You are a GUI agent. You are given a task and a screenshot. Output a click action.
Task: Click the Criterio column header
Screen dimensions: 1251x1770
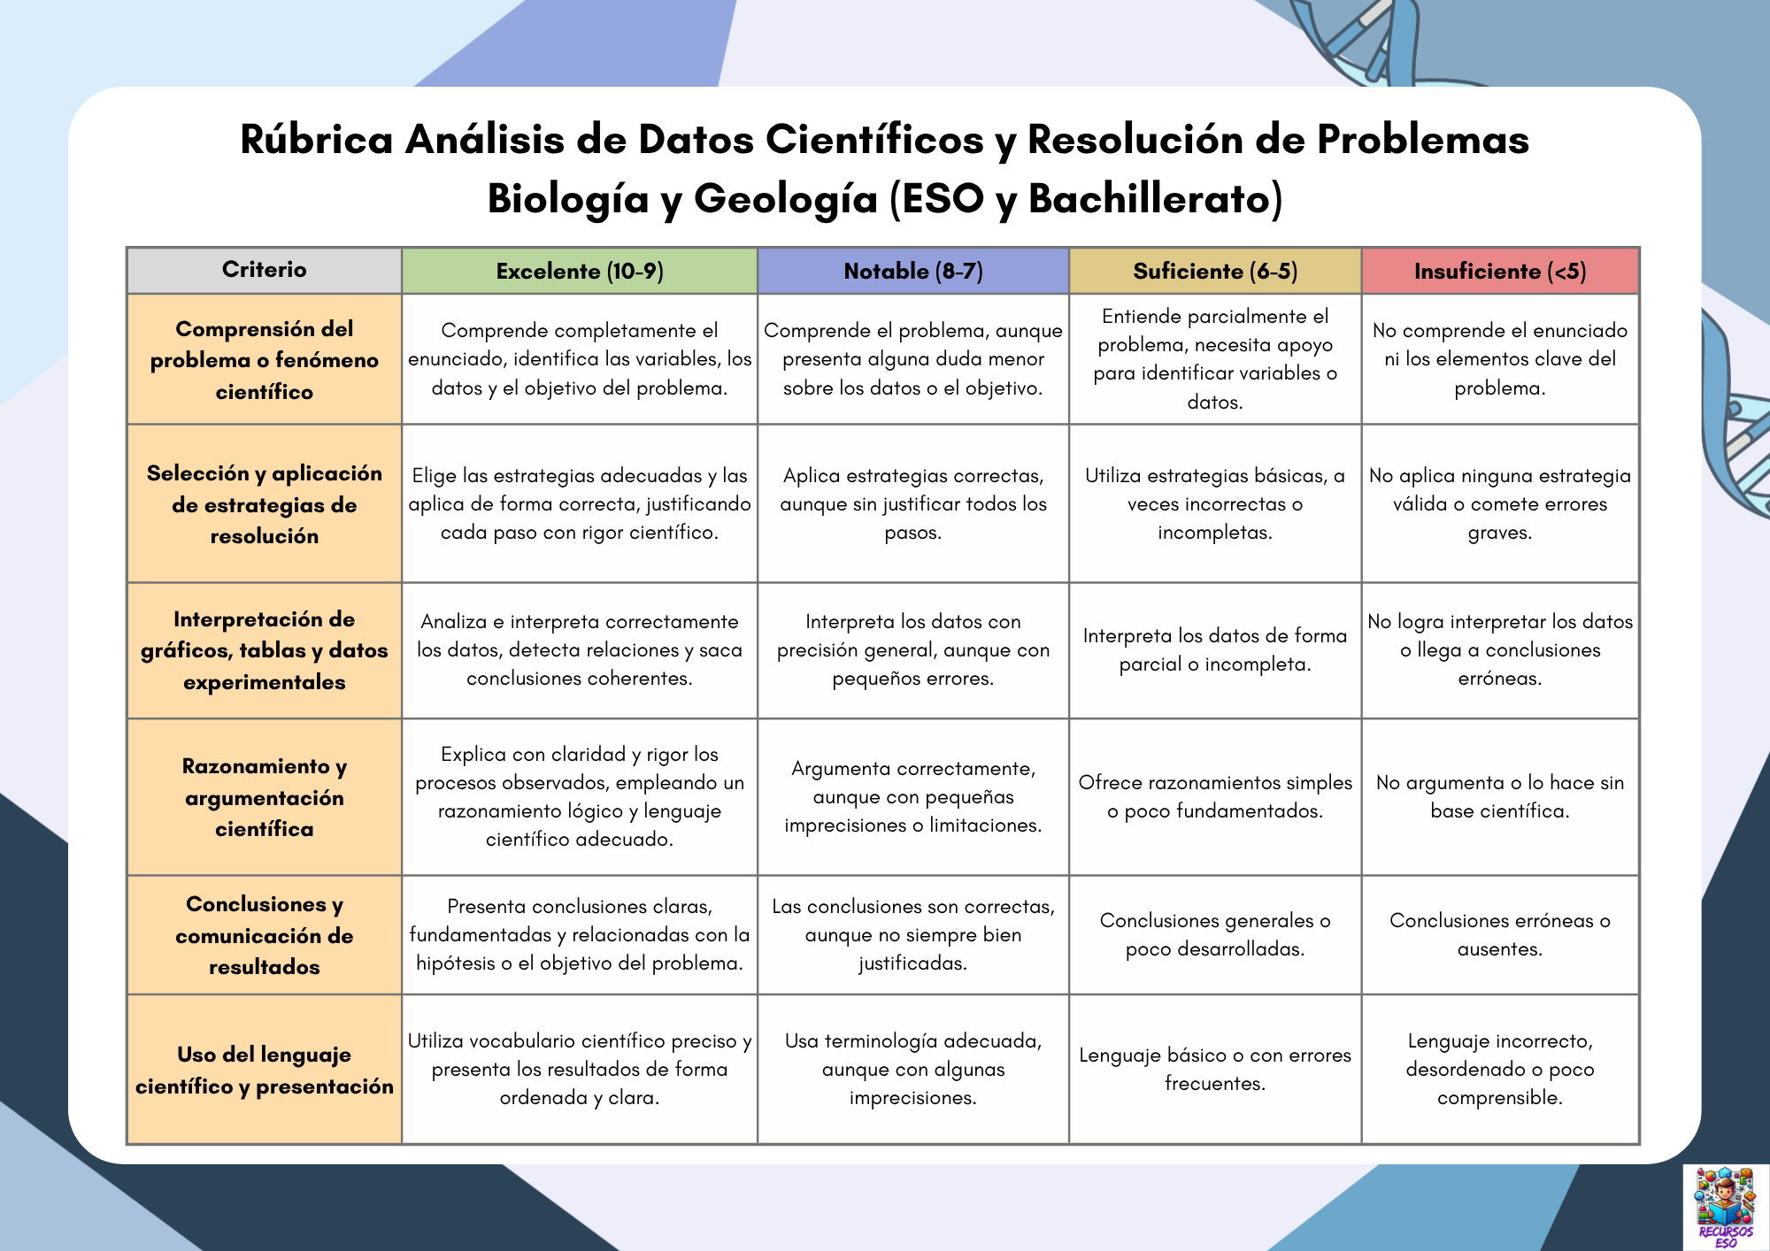[264, 270]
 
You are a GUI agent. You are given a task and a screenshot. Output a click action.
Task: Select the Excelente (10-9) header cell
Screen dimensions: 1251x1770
[580, 271]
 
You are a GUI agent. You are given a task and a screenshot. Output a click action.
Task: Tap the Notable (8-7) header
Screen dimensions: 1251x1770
[912, 271]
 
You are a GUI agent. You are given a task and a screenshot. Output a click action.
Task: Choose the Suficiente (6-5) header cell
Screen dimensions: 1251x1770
[1214, 271]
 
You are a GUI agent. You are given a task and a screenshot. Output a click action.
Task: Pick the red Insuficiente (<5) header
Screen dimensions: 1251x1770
[1499, 271]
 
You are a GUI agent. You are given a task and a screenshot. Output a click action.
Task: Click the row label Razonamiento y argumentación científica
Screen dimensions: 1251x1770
[264, 797]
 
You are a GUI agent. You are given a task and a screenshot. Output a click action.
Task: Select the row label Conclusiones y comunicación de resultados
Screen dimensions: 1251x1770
[264, 935]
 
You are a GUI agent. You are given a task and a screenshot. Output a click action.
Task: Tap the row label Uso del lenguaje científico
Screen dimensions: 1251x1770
[264, 1070]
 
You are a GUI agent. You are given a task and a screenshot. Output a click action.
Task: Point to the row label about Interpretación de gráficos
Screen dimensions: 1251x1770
[264, 650]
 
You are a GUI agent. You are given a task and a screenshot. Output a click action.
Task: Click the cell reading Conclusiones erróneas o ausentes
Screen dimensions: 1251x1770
[1499, 934]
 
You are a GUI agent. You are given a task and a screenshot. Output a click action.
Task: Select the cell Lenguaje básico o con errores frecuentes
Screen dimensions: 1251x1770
[1214, 1069]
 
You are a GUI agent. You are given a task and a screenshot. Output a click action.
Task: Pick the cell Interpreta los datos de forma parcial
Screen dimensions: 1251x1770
[1214, 649]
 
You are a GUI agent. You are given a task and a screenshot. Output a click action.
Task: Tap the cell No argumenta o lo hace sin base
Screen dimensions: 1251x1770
[1499, 796]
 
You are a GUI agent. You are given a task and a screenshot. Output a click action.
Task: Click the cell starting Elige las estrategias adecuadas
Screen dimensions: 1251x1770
[580, 503]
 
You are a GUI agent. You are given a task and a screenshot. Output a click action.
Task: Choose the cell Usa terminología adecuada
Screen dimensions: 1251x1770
[912, 1069]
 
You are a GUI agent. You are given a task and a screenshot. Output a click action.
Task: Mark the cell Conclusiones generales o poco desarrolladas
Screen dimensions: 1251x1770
[1214, 934]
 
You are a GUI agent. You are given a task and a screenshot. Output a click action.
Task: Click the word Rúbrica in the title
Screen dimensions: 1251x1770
[316, 140]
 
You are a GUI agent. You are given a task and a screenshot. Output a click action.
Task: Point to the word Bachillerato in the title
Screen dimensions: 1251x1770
[1154, 199]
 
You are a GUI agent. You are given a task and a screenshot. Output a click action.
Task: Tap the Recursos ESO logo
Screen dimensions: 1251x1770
[1724, 1206]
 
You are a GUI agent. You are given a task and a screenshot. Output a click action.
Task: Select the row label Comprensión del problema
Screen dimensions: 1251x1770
[264, 360]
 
